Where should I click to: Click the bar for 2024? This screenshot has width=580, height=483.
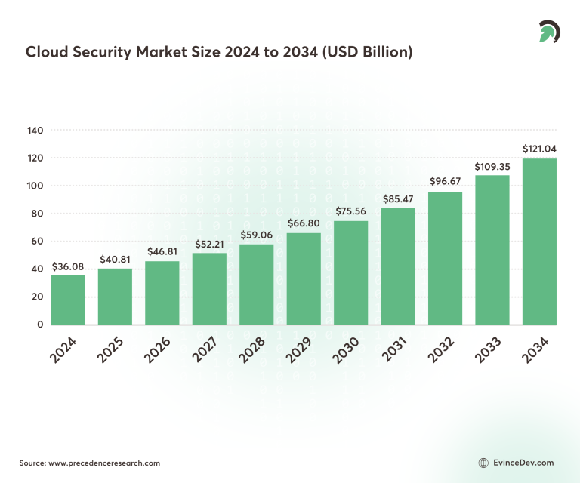click(x=68, y=300)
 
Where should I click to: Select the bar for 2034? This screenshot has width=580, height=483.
click(x=539, y=241)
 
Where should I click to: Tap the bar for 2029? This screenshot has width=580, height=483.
click(x=304, y=278)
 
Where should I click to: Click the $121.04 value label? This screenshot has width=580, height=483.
click(x=539, y=149)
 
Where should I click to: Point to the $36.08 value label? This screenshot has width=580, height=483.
click(x=68, y=266)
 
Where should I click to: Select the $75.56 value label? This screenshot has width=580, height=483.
click(x=350, y=212)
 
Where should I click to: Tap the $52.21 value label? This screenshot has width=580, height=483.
click(x=209, y=245)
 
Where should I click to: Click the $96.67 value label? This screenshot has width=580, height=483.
click(x=445, y=183)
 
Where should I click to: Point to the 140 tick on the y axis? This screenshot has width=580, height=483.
click(x=35, y=131)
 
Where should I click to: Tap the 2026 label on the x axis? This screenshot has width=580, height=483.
click(x=157, y=349)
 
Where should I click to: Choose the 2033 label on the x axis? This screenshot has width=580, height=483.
click(x=487, y=349)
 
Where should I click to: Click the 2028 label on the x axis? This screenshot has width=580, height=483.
click(x=251, y=349)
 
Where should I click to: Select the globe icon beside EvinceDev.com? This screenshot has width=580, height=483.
click(x=484, y=463)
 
